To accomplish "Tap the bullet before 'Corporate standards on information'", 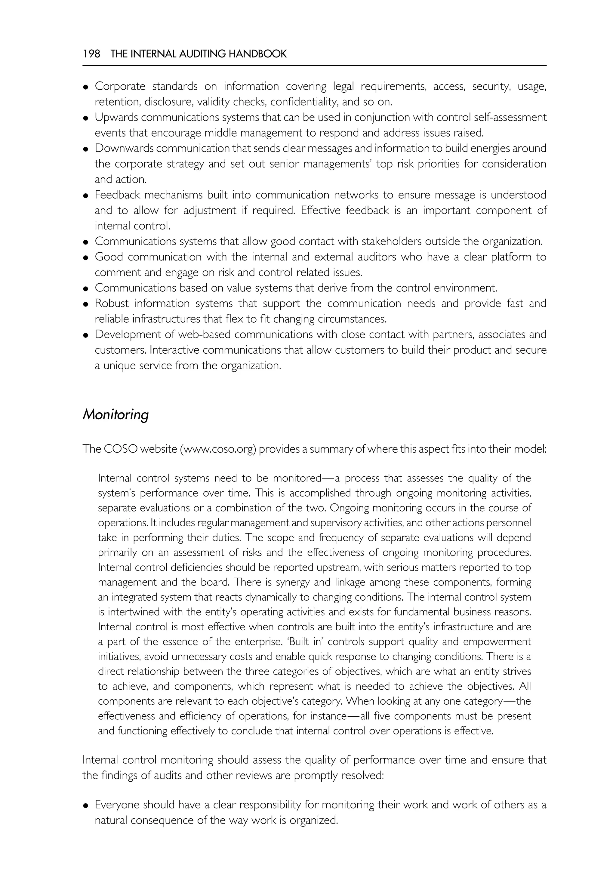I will click(86, 87).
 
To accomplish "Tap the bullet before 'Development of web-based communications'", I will click(86, 335).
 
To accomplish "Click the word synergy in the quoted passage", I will click(293, 582).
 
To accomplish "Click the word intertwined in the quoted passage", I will click(135, 612).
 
